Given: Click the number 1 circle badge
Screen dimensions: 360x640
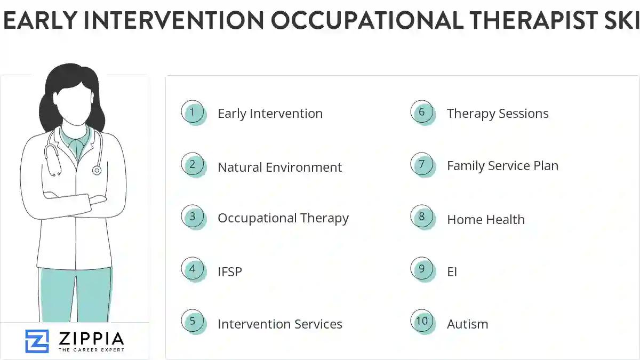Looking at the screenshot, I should pyautogui.click(x=193, y=113).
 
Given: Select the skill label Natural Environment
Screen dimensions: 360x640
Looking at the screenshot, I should pyautogui.click(x=279, y=167).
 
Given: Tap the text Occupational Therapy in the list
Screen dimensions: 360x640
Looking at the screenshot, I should pyautogui.click(x=283, y=218).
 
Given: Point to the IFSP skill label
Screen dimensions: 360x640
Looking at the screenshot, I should pyautogui.click(x=229, y=271).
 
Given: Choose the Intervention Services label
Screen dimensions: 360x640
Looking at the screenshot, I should pyautogui.click(x=279, y=324).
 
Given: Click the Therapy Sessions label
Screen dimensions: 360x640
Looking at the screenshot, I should pyautogui.click(x=498, y=114).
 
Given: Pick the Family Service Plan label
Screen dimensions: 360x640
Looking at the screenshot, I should pyautogui.click(x=502, y=166).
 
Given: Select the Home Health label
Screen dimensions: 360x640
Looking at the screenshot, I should pyautogui.click(x=485, y=219).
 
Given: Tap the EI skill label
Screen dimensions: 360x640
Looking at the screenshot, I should pyautogui.click(x=452, y=271).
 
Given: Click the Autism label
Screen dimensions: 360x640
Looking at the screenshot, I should pyautogui.click(x=467, y=324).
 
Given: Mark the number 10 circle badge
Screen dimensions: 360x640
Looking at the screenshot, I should pyautogui.click(x=422, y=321).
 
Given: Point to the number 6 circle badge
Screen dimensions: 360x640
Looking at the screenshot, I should pyautogui.click(x=422, y=113).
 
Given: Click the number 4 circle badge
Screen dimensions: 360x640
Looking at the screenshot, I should pyautogui.click(x=193, y=269).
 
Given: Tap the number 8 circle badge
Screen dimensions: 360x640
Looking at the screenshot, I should pyautogui.click(x=422, y=217).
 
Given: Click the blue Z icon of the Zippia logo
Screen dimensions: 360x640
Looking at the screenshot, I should pyautogui.click(x=37, y=341).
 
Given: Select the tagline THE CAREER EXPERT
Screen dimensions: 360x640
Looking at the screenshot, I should pyautogui.click(x=91, y=350).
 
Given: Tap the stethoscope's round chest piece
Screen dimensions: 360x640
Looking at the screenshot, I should pyautogui.click(x=97, y=170).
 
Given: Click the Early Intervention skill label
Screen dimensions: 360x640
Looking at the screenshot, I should pyautogui.click(x=270, y=114).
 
